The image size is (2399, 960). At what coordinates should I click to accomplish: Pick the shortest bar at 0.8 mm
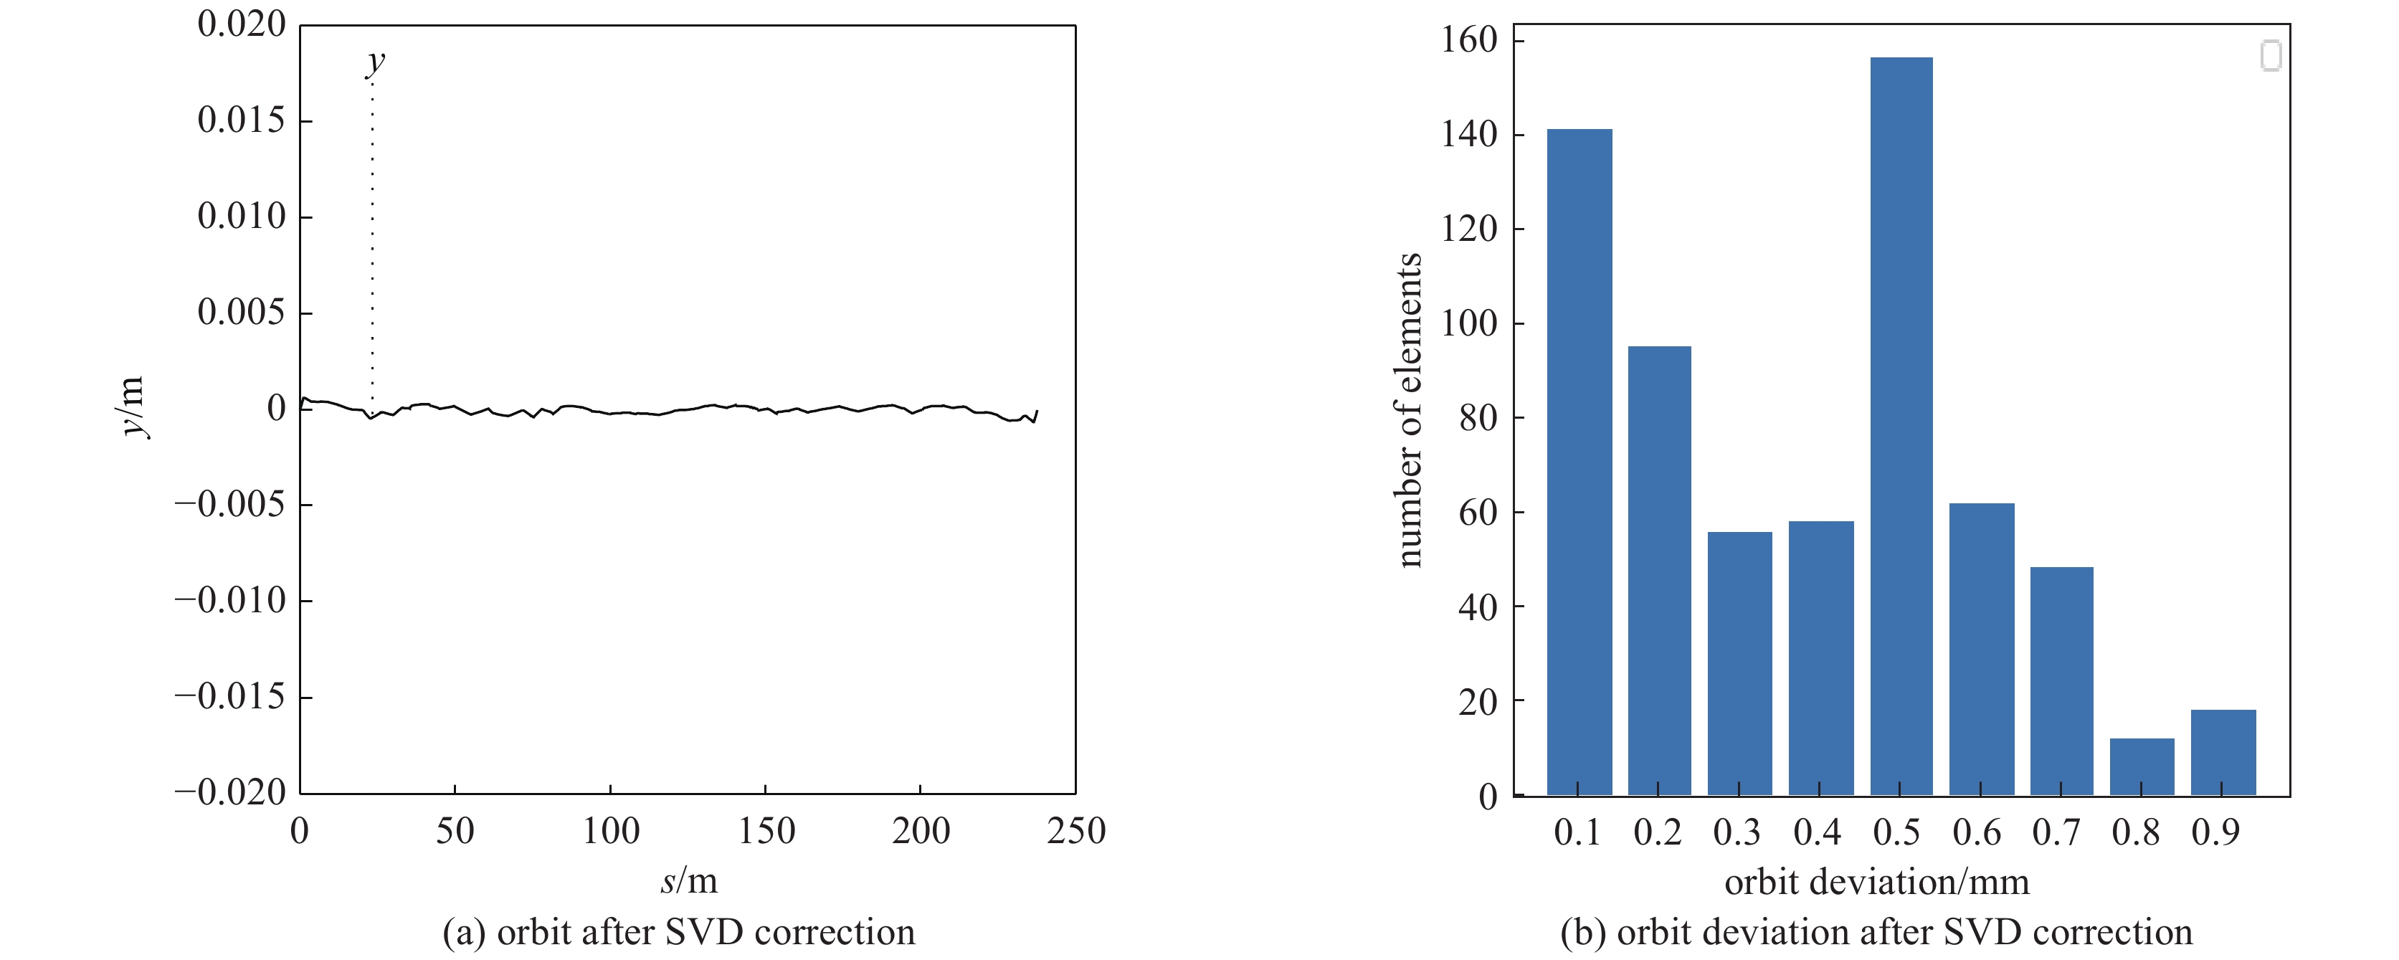coord(2141,766)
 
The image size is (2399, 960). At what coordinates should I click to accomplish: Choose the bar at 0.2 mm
coord(1658,570)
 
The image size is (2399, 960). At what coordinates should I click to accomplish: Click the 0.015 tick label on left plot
coord(241,120)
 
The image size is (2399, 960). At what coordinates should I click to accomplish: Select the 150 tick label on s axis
coord(766,830)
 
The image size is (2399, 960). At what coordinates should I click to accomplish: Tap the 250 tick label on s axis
coord(1075,830)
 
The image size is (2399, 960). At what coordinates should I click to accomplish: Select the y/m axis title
coord(132,407)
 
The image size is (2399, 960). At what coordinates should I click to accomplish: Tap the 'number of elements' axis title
coord(1409,409)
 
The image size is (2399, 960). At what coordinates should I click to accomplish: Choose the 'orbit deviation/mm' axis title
coord(1876,882)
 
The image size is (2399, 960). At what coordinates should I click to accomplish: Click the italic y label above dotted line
coord(374,62)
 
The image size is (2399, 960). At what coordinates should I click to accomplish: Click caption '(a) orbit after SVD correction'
coord(678,932)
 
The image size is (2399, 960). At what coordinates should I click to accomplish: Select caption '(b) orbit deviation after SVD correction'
coord(1876,932)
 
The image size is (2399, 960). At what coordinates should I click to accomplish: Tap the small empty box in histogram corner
coord(2271,56)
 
